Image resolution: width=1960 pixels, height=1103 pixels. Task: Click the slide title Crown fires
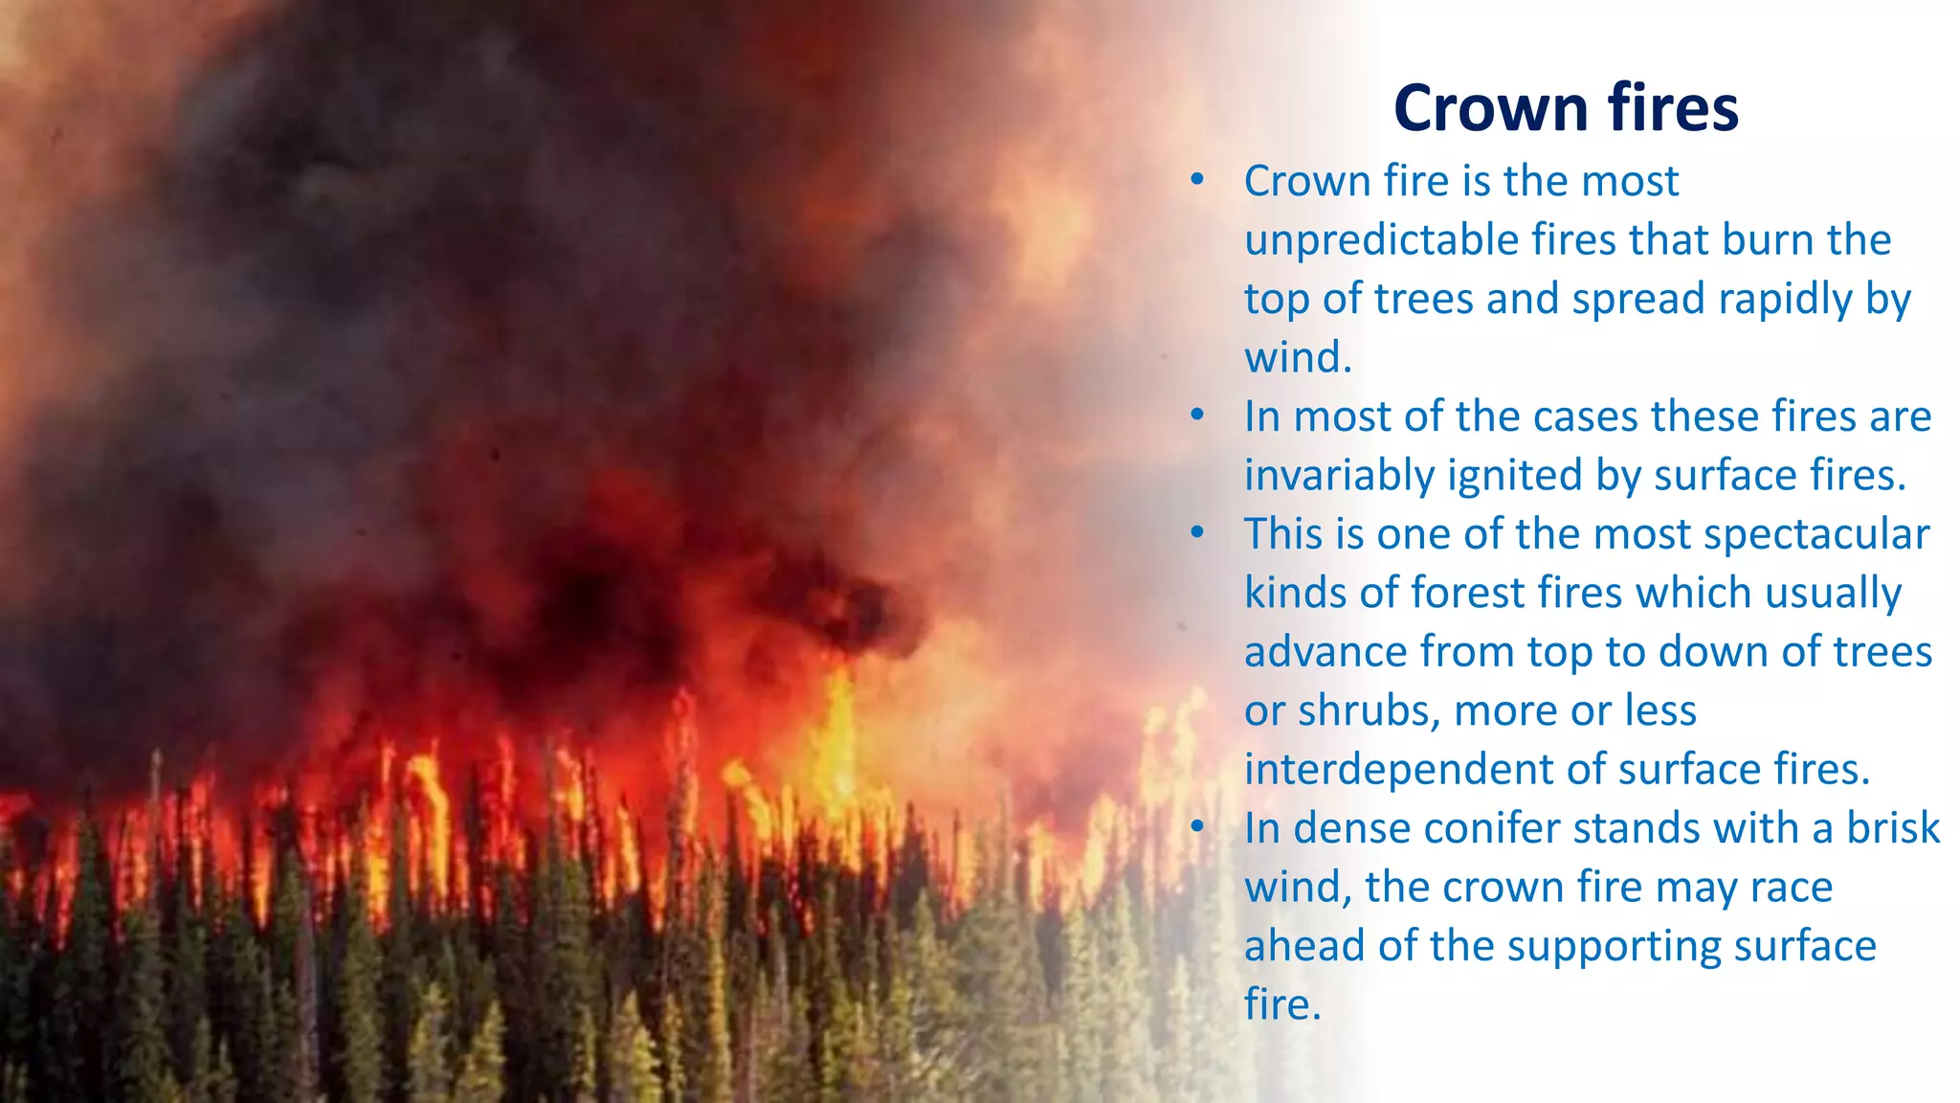click(x=1566, y=107)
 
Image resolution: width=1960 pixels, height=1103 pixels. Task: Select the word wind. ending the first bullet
click(x=1298, y=358)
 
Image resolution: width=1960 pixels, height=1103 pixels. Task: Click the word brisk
click(x=1892, y=828)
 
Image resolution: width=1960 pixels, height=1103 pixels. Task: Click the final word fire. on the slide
click(x=1282, y=1004)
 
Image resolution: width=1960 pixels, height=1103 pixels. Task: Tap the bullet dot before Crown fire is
click(x=1196, y=180)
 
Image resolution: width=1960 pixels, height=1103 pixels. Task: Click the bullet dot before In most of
click(x=1196, y=416)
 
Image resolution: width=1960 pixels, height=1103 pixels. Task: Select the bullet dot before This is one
click(x=1196, y=533)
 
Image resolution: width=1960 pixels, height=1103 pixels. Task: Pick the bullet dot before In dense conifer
click(x=1196, y=827)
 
